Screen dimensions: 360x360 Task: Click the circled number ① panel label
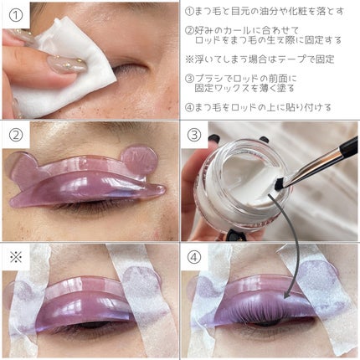pos(16,15)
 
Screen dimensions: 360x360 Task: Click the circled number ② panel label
pos(16,135)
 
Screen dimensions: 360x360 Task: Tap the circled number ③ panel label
pos(194,135)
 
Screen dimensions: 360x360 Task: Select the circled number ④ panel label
pos(194,257)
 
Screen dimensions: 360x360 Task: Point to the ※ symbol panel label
pos(16,257)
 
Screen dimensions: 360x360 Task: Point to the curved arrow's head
pos(286,296)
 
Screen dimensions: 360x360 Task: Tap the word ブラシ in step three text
pos(208,79)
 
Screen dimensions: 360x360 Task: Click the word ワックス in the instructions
pos(231,89)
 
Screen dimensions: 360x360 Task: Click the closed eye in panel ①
pos(129,69)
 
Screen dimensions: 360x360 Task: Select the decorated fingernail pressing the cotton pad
pos(66,64)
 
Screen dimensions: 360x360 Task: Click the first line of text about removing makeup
pos(265,12)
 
